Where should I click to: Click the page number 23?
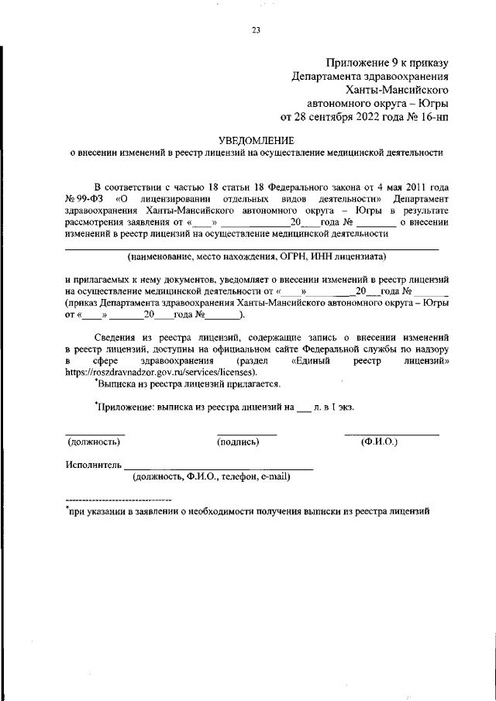coord(256,31)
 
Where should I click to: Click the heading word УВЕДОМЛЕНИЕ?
coord(256,140)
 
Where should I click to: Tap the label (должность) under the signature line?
coord(94,442)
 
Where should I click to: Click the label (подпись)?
coord(238,442)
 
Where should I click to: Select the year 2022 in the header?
coord(374,118)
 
